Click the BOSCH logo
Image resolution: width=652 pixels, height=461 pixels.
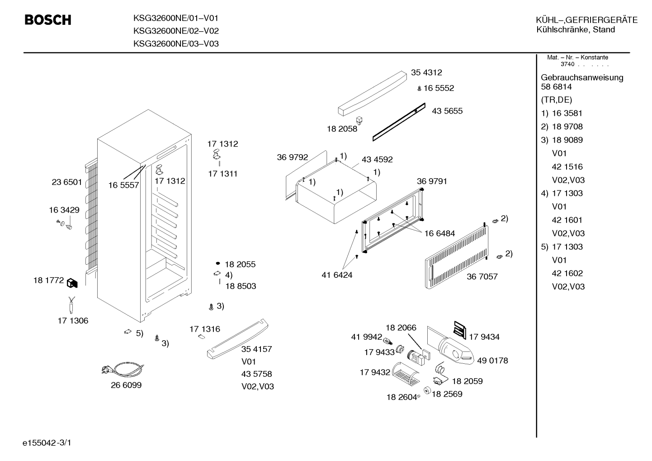tap(48, 20)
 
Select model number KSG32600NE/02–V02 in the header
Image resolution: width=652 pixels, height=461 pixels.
tap(176, 31)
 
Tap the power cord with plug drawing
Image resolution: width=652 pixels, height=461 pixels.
tap(123, 369)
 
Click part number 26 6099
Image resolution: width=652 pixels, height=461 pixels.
tap(126, 385)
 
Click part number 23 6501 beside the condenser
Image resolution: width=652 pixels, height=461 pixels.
tap(66, 182)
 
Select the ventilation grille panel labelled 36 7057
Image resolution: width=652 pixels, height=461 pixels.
tap(456, 257)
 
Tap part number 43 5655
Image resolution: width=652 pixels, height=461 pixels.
tap(447, 111)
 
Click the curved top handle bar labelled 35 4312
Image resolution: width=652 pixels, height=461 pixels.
tap(372, 93)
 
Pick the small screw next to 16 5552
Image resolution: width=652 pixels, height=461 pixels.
tap(419, 89)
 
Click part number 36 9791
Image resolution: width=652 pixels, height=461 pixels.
tap(432, 181)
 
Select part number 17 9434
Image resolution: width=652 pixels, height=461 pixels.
tap(484, 337)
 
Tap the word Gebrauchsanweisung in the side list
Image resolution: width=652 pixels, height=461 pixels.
tap(582, 78)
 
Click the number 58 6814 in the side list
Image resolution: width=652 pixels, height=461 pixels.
tap(556, 87)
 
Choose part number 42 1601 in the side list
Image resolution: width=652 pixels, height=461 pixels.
tap(567, 220)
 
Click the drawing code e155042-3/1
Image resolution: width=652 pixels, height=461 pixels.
tap(47, 443)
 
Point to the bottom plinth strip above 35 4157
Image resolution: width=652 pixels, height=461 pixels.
tap(237, 339)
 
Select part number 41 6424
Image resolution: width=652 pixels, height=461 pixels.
tap(337, 275)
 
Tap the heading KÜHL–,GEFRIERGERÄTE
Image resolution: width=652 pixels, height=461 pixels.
tap(587, 20)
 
